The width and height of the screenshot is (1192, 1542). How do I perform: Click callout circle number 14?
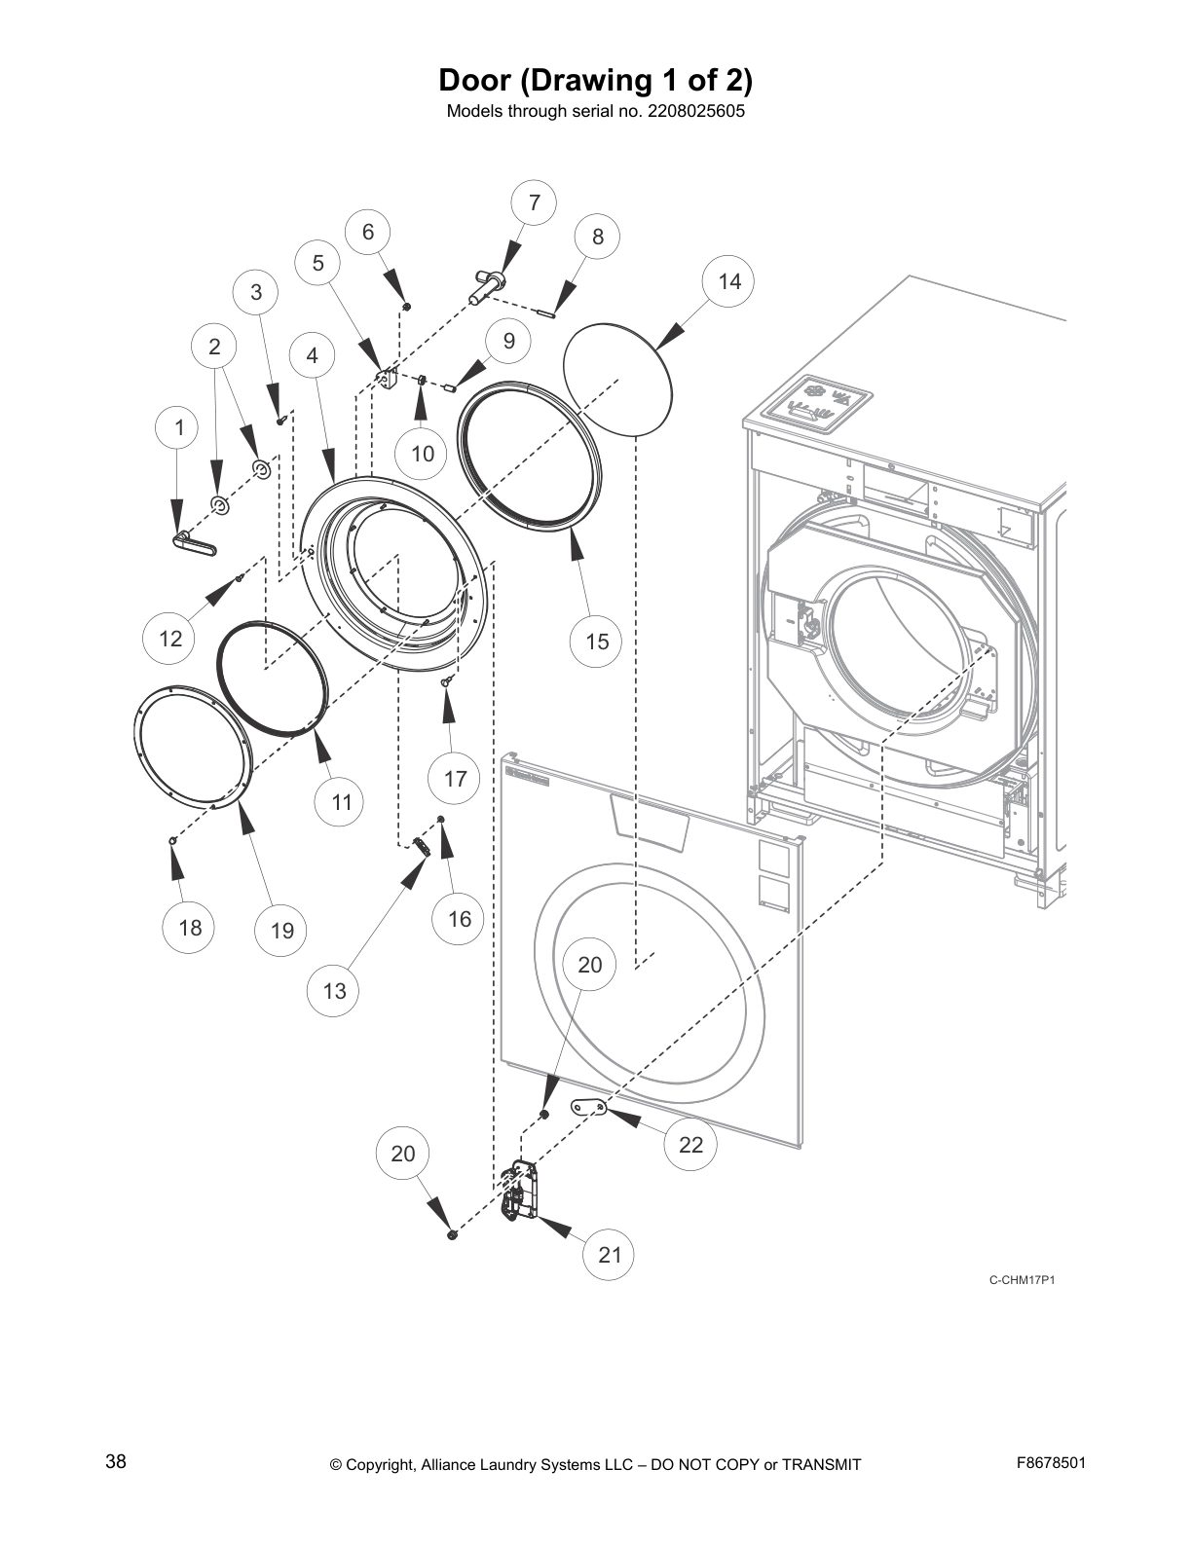click(729, 281)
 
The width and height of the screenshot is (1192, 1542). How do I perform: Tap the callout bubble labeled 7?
click(535, 202)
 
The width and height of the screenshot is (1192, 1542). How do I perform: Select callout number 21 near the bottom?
click(610, 1255)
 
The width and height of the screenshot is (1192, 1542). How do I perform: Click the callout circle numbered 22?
click(690, 1144)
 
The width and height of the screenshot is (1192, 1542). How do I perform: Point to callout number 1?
click(178, 426)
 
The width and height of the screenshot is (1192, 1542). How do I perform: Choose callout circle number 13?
click(334, 991)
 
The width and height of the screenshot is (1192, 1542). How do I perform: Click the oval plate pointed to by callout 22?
click(588, 1106)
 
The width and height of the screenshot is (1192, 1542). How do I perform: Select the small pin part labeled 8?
click(545, 312)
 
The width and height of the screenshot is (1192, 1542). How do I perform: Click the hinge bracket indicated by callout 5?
click(388, 378)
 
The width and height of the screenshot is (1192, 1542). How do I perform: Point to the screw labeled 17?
click(446, 682)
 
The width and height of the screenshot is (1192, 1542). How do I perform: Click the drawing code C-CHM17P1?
click(1022, 1280)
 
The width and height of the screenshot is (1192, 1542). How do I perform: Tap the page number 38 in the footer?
click(115, 1461)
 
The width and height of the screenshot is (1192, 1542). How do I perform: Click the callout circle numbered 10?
click(422, 454)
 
